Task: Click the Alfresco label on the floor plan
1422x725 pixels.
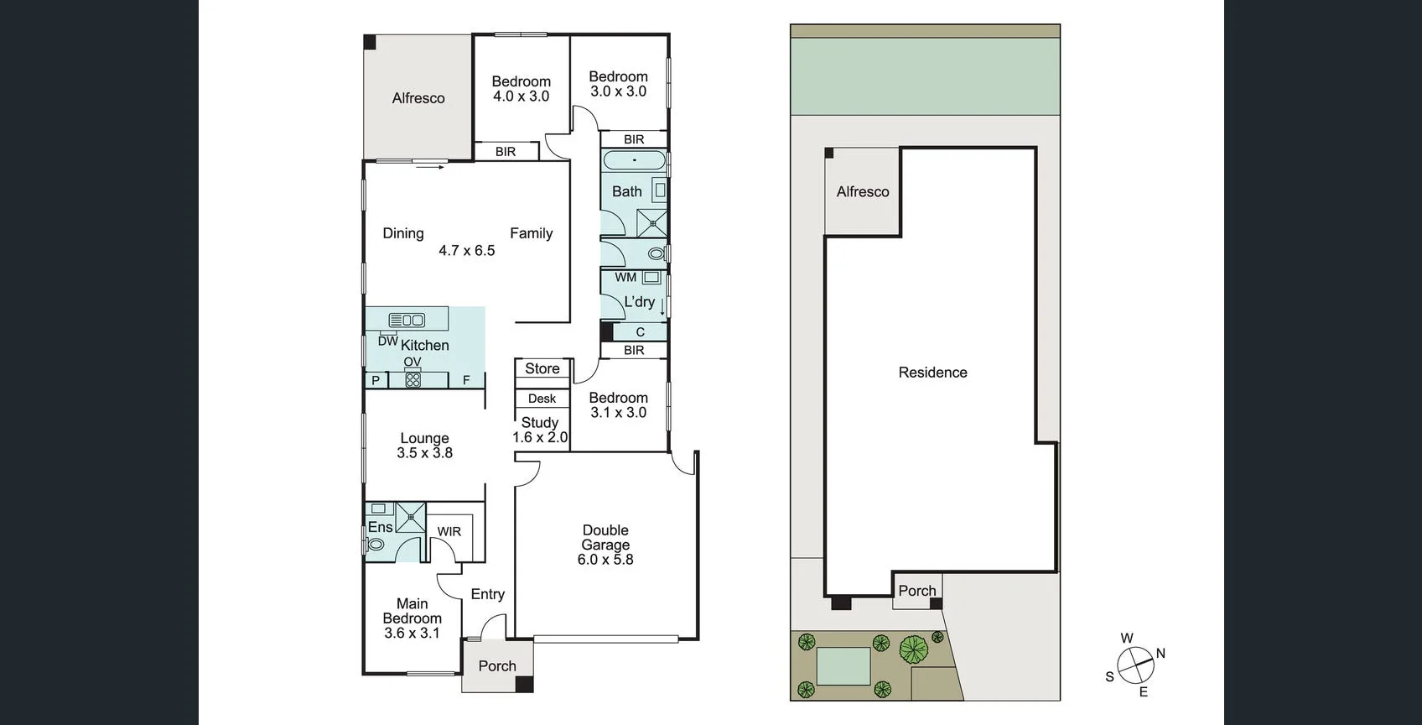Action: coord(418,98)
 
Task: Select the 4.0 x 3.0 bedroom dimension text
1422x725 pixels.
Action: coord(521,96)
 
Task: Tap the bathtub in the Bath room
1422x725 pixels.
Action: coord(634,160)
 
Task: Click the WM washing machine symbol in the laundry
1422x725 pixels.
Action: coord(651,278)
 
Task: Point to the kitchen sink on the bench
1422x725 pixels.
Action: coord(407,320)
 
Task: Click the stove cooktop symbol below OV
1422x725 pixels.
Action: coord(413,379)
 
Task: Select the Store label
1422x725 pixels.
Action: coord(542,368)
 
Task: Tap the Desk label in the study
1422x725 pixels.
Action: coord(542,399)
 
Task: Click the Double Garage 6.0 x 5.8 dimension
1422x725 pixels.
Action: coord(605,560)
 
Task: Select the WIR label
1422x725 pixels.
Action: coord(449,531)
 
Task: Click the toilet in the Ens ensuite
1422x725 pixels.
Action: coord(376,545)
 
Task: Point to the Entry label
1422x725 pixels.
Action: coord(487,594)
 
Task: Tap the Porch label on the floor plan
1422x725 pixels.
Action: coord(497,666)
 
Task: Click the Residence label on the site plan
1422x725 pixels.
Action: coord(932,373)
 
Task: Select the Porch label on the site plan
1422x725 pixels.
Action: coord(916,591)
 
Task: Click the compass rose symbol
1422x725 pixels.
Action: coord(1135,665)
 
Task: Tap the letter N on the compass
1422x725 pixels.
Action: coord(1160,653)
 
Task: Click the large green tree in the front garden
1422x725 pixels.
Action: coord(914,649)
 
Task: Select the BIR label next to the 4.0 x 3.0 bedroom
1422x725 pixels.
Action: coord(505,152)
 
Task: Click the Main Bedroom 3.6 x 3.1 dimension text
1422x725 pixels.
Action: coord(412,634)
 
